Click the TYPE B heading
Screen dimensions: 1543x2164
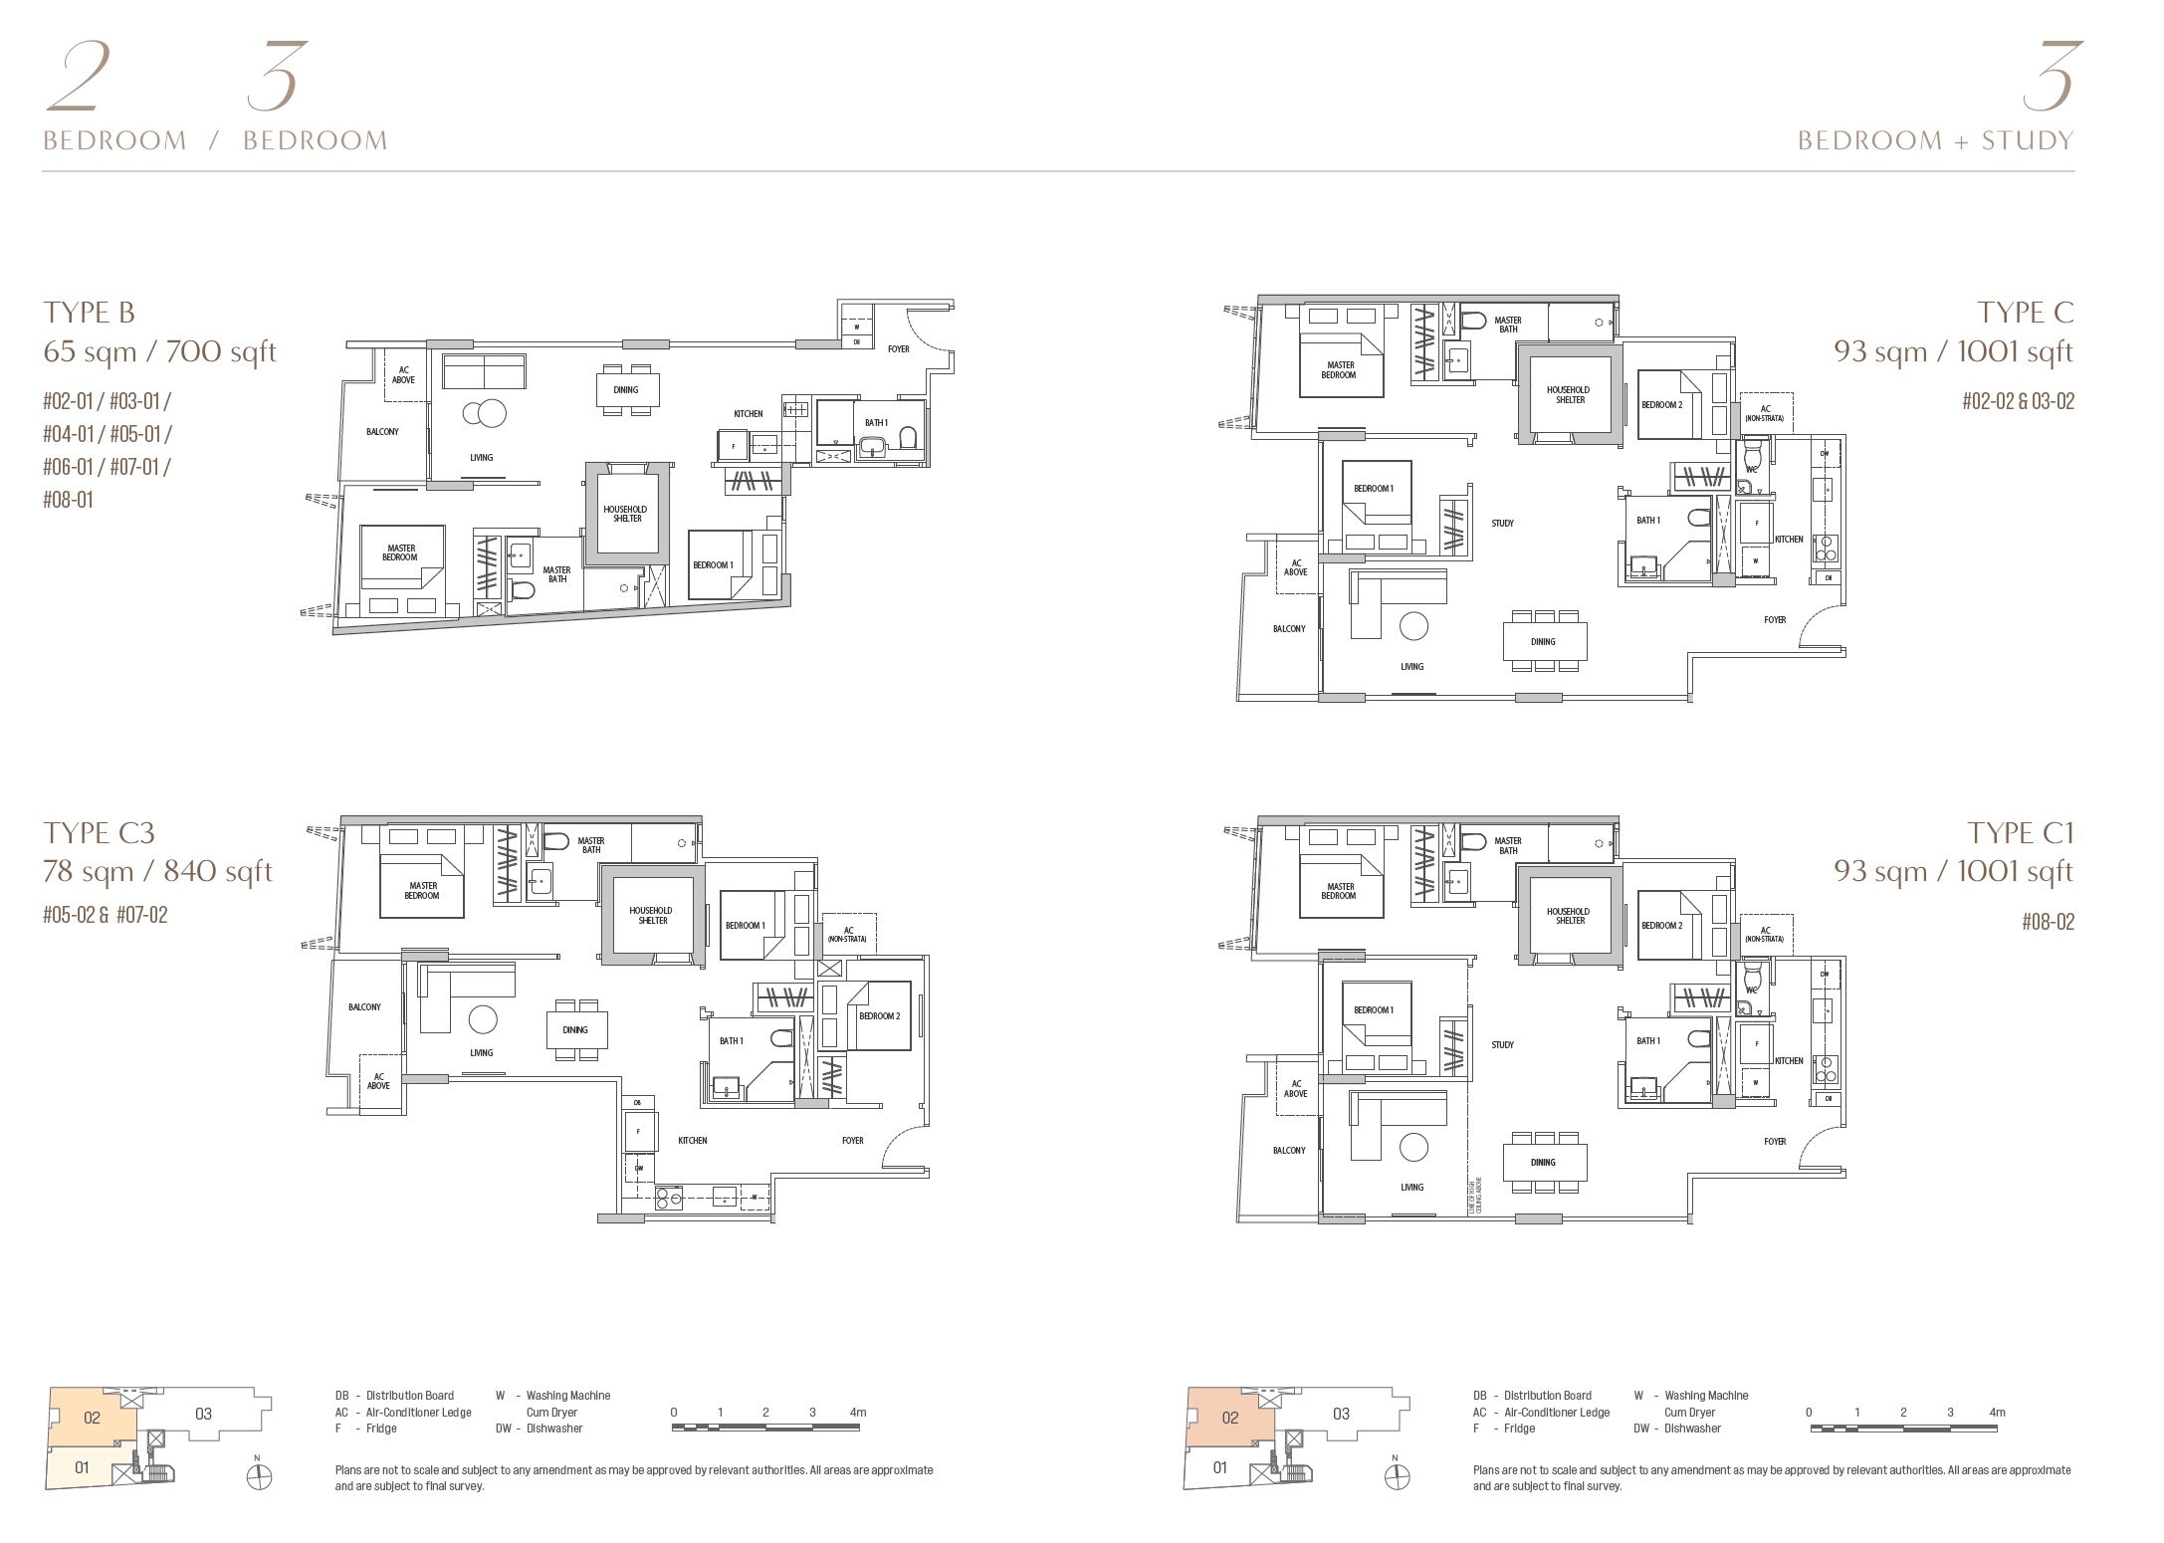(x=89, y=313)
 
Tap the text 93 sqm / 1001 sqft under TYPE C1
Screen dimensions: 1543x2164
(x=1953, y=871)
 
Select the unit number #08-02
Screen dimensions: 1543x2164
(x=2048, y=922)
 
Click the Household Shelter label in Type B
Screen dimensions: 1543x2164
(x=625, y=514)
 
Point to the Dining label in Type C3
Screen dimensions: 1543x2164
(x=575, y=1030)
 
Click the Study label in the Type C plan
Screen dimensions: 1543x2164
(x=1502, y=524)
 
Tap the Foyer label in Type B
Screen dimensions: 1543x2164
(x=899, y=349)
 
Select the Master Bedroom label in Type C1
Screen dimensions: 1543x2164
(x=1340, y=891)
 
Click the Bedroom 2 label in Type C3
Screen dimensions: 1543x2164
(x=879, y=1016)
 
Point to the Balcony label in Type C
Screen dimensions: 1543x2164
(x=1289, y=629)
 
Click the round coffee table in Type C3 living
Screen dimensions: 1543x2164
(x=483, y=1019)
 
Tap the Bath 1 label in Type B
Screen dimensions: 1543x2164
(x=876, y=423)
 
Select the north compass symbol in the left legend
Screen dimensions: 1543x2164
(x=259, y=1477)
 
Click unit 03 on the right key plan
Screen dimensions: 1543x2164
(x=1341, y=1414)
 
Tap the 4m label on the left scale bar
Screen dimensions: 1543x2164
(x=858, y=1412)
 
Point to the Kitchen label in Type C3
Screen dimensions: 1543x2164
(x=693, y=1141)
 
